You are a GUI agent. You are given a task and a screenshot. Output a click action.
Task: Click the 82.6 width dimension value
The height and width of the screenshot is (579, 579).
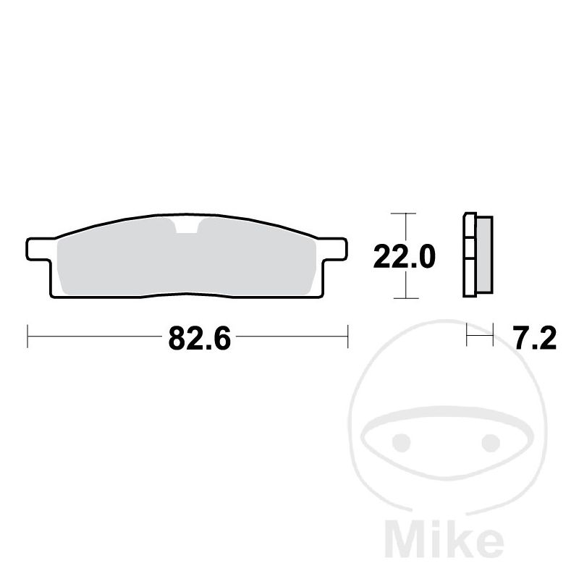pyautogui.click(x=200, y=338)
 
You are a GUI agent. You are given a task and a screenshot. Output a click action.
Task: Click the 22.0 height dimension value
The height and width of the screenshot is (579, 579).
pyautogui.click(x=405, y=257)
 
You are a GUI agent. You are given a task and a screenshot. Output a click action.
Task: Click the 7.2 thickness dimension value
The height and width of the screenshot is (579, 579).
pyautogui.click(x=535, y=338)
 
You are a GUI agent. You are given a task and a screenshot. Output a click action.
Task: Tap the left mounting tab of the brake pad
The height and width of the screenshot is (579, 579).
pyautogui.click(x=38, y=249)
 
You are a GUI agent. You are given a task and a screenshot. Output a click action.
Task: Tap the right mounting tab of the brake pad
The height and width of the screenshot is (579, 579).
pyautogui.click(x=335, y=249)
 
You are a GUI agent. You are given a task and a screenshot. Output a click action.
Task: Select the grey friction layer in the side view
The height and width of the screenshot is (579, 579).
pyautogui.click(x=485, y=255)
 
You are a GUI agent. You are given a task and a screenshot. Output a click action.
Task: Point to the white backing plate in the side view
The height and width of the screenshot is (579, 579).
pyautogui.click(x=469, y=255)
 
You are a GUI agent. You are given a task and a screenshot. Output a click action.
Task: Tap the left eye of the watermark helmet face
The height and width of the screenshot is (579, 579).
pyautogui.click(x=401, y=442)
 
